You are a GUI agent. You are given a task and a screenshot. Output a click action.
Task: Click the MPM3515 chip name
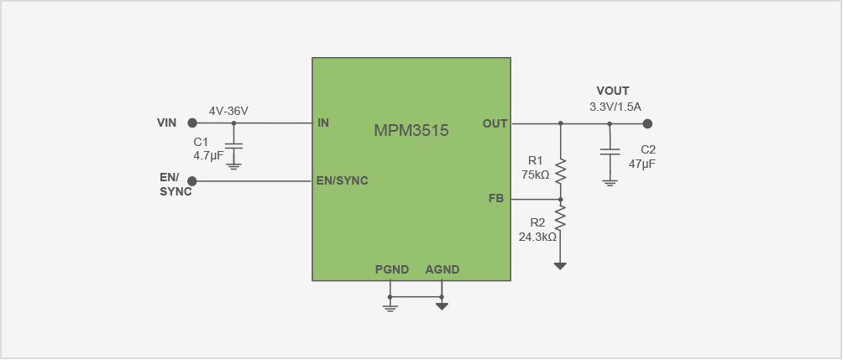point(411,131)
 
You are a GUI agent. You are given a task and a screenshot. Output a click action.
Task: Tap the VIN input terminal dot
point(192,123)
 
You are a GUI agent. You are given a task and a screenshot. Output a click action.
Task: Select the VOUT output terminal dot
point(647,123)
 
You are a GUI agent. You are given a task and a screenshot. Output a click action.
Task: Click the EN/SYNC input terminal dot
point(192,181)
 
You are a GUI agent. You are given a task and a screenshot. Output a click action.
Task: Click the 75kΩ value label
point(535,175)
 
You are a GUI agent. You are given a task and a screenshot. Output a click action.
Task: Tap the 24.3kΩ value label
point(538,237)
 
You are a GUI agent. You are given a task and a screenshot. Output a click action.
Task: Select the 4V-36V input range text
point(228,111)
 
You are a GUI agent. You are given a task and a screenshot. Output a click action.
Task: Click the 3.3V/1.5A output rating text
point(615,107)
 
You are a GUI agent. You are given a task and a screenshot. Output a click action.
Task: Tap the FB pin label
point(495,199)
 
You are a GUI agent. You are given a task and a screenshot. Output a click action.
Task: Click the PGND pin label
point(392,269)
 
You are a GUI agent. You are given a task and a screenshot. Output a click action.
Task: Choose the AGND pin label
point(442,269)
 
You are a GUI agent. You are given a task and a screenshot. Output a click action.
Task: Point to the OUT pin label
point(495,123)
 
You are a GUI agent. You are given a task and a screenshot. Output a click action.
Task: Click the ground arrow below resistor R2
point(560,266)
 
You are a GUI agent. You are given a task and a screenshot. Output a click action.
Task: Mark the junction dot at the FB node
point(560,200)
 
